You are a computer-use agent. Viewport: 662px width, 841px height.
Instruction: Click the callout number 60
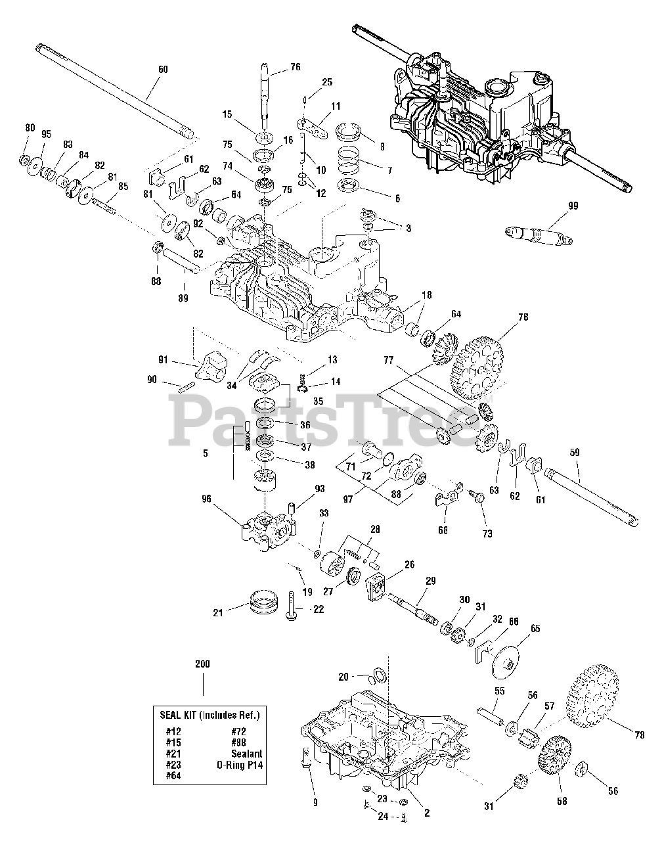[163, 69]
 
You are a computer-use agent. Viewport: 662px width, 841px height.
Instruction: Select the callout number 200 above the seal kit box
[202, 664]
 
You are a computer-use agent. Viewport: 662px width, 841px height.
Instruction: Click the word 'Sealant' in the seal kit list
[246, 754]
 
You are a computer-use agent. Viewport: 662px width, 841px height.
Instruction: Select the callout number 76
[295, 66]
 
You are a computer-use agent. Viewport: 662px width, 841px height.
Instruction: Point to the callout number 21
[218, 612]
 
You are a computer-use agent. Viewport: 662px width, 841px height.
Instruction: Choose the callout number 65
[535, 629]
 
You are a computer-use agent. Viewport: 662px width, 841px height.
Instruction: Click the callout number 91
[164, 359]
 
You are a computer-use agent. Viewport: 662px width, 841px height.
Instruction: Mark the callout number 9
[315, 802]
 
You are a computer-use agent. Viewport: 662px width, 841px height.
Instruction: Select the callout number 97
[348, 499]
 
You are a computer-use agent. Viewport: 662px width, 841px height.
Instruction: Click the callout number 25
[327, 83]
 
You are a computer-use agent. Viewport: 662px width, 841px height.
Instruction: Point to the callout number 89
[183, 298]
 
